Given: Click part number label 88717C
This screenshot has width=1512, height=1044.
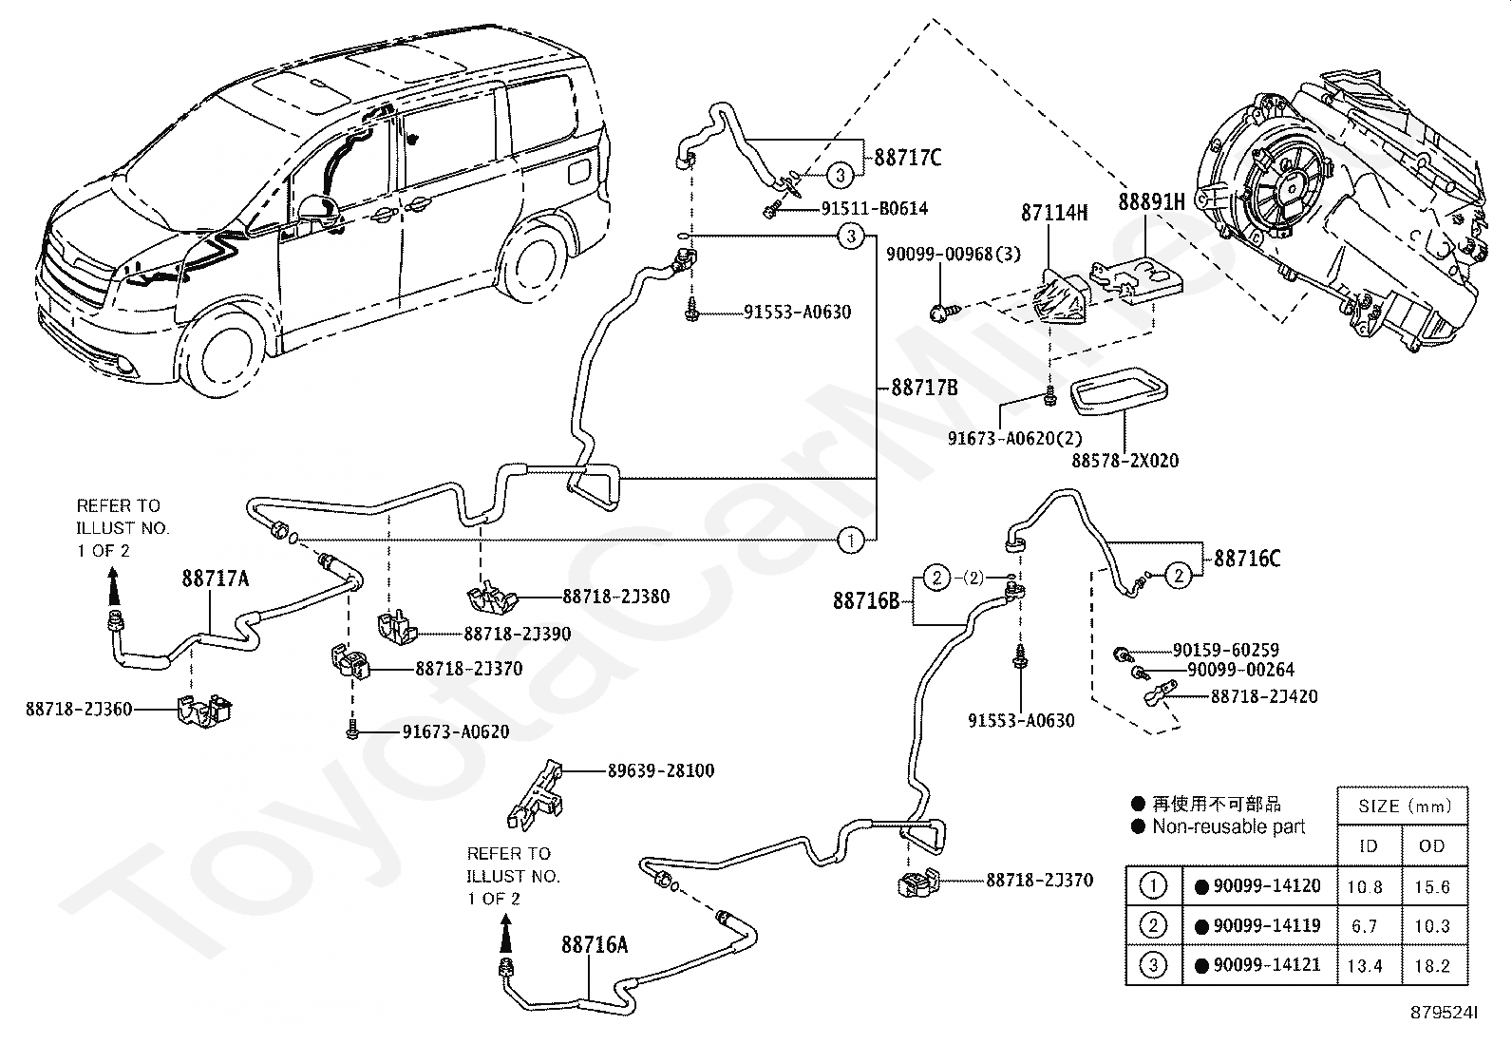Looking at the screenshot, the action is click(x=907, y=158).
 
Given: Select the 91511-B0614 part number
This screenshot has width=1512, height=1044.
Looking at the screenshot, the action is click(x=874, y=209).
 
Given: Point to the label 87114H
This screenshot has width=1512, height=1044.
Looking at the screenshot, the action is click(x=1054, y=213).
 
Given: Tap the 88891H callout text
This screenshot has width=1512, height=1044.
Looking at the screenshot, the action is click(x=1151, y=201).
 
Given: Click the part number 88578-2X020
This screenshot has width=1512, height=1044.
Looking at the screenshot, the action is click(x=1125, y=461).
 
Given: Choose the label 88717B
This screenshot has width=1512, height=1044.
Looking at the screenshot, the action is click(x=925, y=388).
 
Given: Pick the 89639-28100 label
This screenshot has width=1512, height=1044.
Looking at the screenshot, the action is click(x=661, y=770).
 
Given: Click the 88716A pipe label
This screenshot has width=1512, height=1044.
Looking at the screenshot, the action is click(x=595, y=945).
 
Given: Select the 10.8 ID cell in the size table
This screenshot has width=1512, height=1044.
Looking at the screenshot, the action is click(x=1365, y=886).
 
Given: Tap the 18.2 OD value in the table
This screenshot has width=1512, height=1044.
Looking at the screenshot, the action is click(x=1432, y=966).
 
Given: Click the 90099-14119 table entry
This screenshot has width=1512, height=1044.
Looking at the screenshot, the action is click(x=1267, y=925).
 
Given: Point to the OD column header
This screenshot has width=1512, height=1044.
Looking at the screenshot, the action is click(x=1431, y=846).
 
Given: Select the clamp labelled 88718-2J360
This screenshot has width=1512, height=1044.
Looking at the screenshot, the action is click(x=204, y=711).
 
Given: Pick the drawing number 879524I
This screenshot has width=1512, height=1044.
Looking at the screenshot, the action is click(x=1444, y=1013).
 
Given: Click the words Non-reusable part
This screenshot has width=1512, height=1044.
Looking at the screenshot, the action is click(x=1229, y=826).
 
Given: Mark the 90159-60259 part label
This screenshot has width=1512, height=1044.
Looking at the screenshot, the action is click(x=1226, y=650).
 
